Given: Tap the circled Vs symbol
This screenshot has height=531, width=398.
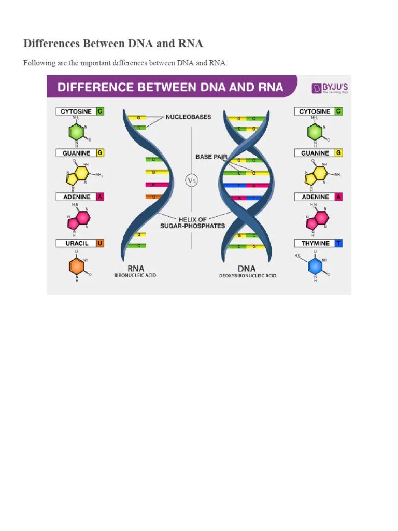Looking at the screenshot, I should click(x=192, y=181).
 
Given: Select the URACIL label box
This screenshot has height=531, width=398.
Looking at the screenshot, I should click(x=76, y=243).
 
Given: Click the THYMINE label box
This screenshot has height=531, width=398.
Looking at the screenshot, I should click(x=315, y=243).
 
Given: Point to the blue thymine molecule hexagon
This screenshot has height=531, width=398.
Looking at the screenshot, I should click(x=315, y=266).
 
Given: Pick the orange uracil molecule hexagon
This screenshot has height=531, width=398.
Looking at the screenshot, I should click(x=77, y=266).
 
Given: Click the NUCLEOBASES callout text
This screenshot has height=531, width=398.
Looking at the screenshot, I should click(x=188, y=117).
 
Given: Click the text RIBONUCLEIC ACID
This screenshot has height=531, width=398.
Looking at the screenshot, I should click(x=135, y=276).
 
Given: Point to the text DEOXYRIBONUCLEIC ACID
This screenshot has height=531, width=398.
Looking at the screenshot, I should click(x=247, y=276).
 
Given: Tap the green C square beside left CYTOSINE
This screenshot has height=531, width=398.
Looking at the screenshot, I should click(x=100, y=111).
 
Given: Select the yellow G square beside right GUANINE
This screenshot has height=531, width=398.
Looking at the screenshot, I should click(x=338, y=153).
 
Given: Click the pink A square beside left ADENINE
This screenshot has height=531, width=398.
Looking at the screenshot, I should click(x=100, y=197).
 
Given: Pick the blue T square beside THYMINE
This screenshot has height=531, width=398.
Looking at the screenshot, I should click(x=338, y=243).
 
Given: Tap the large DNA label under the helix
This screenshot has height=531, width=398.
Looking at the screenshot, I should click(x=247, y=268).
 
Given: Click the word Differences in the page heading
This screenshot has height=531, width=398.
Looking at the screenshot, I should click(x=50, y=43).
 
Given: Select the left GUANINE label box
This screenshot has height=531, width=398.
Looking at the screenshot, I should click(x=76, y=153).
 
